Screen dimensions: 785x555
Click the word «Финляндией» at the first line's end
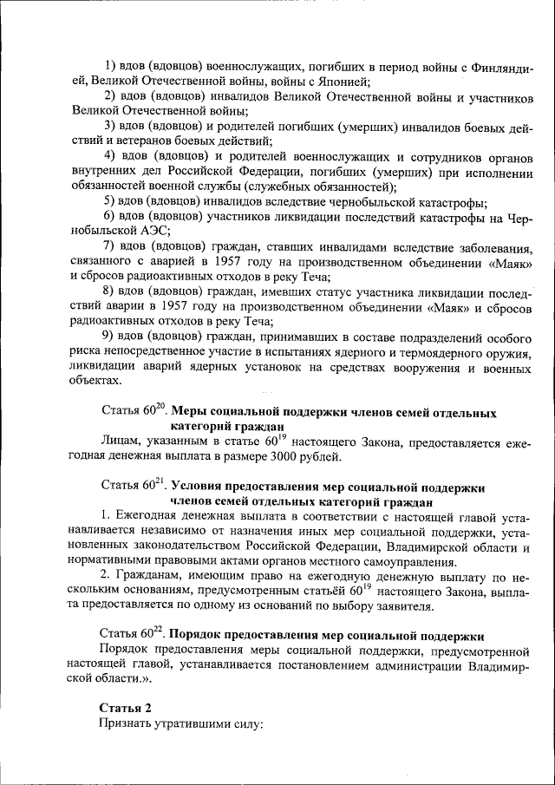point(499,66)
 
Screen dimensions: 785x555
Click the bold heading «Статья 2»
point(126,706)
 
